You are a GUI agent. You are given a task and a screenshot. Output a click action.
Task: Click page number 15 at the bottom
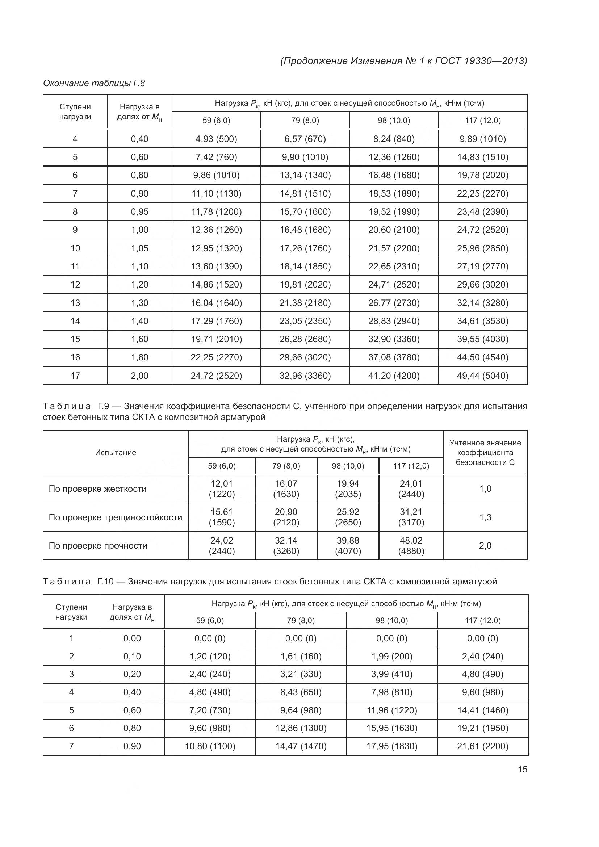[x=522, y=769]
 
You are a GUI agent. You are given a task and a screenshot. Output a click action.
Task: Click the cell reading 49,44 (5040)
[x=482, y=376]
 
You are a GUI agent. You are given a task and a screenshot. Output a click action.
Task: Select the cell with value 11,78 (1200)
[x=216, y=212]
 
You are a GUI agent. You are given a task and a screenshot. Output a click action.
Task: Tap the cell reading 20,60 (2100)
[x=394, y=230]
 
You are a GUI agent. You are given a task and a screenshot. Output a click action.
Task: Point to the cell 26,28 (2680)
[x=305, y=339]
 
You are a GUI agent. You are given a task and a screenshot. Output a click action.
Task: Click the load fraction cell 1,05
[x=139, y=248]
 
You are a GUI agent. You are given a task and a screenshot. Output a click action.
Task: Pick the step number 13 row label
[x=75, y=303]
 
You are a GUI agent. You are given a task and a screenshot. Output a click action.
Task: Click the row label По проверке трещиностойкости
[x=115, y=517]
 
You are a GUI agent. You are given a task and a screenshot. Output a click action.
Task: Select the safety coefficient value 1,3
[x=485, y=517]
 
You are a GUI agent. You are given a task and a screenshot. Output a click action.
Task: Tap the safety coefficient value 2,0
[x=485, y=546]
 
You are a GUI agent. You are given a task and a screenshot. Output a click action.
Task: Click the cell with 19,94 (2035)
[x=348, y=489]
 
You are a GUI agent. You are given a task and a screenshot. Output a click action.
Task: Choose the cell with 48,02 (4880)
[x=411, y=546]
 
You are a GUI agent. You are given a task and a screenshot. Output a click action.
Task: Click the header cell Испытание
[x=116, y=453]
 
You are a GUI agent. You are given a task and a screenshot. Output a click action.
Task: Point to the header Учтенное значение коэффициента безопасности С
[x=485, y=453]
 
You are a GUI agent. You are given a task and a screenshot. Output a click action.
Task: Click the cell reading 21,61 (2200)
[x=482, y=746]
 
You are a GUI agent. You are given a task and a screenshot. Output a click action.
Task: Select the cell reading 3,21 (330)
[x=301, y=674]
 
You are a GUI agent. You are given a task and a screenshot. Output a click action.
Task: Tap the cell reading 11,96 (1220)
[x=392, y=710]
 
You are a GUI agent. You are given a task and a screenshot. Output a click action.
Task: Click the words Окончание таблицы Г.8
[x=94, y=83]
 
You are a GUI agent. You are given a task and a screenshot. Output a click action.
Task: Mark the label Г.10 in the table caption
[x=105, y=582]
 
